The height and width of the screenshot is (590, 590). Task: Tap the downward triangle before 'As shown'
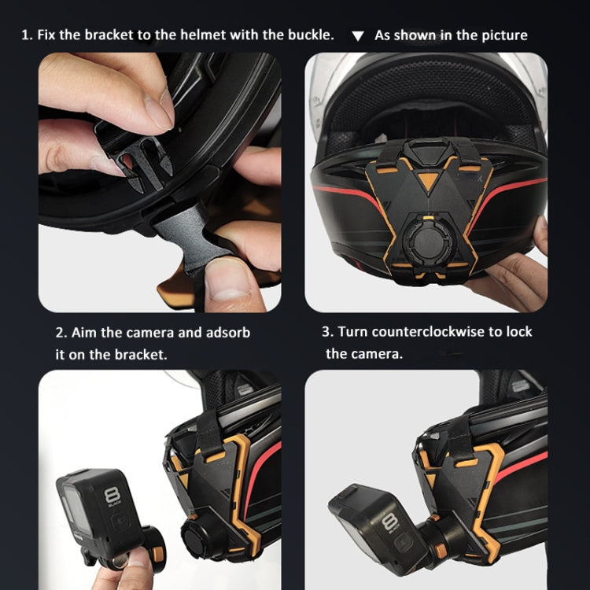pos(358,36)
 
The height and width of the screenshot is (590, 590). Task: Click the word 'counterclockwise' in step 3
pos(420,331)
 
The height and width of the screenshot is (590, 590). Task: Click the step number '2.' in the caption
pos(61,332)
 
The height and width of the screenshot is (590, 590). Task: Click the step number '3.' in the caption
pos(327,331)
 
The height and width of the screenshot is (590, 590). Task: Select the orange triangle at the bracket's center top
pos(426,179)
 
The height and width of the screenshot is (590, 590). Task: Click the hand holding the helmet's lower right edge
pos(519,275)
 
